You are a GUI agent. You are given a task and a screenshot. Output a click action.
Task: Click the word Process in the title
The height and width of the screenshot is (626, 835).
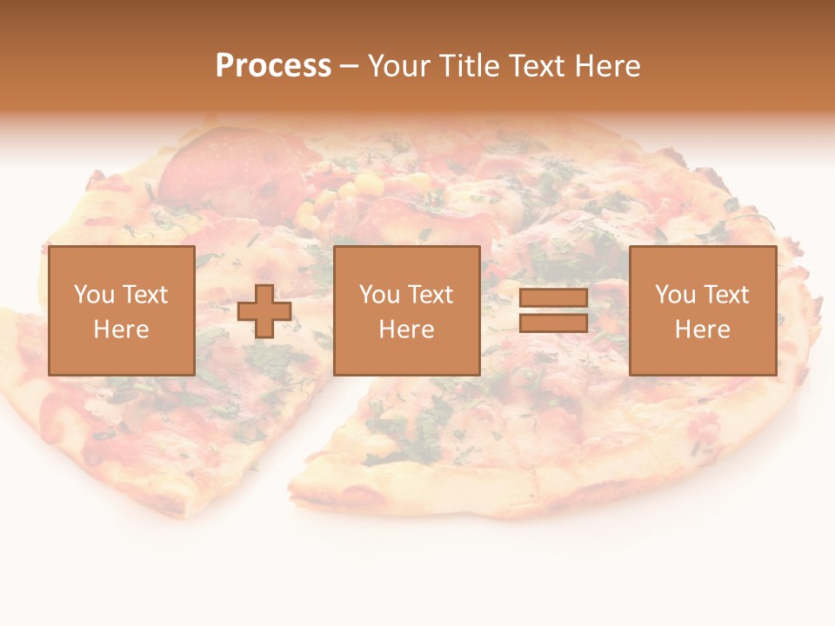point(273,66)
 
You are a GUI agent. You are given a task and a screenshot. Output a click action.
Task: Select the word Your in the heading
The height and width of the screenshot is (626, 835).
point(400,66)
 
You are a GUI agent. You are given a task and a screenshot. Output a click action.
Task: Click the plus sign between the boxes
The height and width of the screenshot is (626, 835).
point(264,311)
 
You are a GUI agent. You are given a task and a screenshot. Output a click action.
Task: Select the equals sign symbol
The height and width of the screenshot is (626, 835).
point(553,310)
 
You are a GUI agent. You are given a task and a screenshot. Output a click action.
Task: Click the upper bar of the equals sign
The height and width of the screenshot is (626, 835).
point(553,298)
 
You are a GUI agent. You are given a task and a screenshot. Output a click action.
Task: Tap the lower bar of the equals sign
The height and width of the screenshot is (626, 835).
point(553,323)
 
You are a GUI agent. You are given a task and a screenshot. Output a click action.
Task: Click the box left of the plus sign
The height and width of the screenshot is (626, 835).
point(121,310)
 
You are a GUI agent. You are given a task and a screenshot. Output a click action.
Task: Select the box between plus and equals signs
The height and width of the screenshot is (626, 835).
point(406,310)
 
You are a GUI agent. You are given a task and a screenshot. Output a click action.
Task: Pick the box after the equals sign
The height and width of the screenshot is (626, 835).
point(702,310)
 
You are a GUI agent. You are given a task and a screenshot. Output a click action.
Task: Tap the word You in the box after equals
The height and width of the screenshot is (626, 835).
point(675,295)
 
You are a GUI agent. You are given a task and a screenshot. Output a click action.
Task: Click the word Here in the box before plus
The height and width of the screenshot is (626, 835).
point(121,330)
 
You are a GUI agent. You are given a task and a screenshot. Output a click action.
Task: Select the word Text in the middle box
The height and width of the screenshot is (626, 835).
point(430,295)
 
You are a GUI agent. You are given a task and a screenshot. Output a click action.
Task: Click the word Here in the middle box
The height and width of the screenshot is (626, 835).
point(406,330)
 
